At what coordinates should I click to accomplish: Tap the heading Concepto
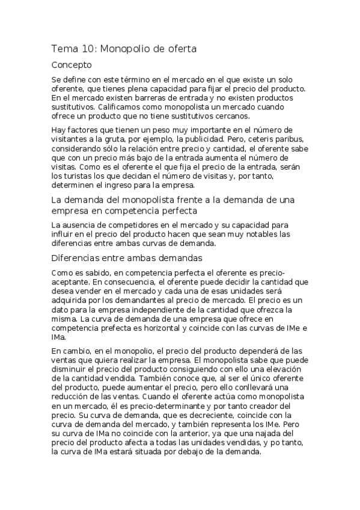(x=72, y=64)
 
